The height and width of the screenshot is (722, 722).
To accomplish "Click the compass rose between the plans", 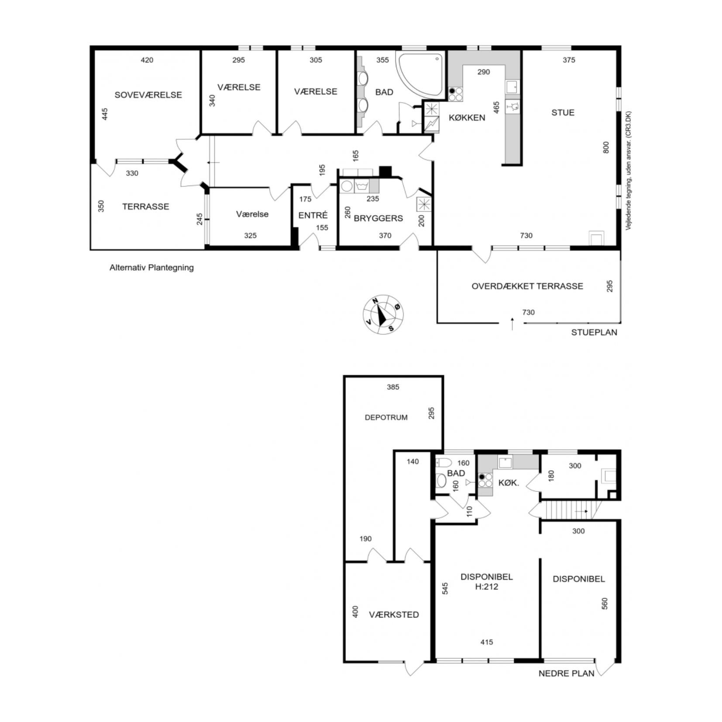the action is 383,314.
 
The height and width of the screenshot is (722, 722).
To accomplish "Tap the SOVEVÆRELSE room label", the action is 148,95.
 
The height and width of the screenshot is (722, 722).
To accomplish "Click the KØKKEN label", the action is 467,117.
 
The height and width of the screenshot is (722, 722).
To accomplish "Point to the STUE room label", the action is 563,113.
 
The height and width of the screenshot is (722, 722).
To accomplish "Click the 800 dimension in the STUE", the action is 605,147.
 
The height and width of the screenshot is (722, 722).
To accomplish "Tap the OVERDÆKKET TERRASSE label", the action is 527,286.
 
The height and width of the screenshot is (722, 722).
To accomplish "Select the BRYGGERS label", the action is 378,218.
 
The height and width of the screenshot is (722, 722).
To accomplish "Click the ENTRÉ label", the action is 313,215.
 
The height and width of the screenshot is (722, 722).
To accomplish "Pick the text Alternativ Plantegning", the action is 151,268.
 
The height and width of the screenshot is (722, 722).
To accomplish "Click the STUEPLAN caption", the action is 594,332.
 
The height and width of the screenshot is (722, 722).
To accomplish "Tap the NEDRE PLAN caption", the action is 566,674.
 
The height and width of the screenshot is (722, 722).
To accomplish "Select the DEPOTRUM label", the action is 386,417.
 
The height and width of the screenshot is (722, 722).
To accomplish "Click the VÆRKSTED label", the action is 394,615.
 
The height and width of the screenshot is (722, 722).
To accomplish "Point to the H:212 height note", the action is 486,587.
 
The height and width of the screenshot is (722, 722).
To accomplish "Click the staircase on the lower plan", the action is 571,510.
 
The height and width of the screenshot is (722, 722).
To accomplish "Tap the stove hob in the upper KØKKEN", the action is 456,94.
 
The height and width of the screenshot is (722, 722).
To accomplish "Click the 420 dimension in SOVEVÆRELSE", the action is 147,60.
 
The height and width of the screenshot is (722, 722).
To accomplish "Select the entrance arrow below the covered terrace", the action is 512,324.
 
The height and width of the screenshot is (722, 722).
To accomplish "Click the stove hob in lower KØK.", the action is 485,480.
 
